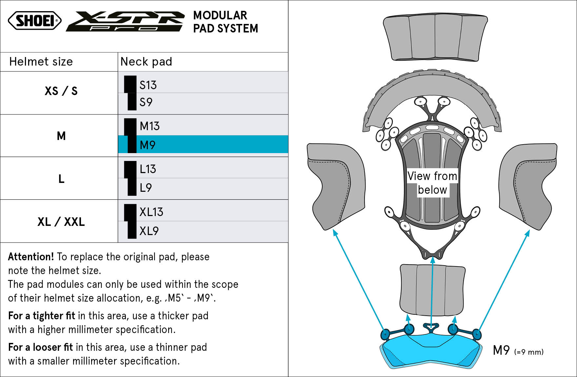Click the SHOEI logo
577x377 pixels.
[x=34, y=21]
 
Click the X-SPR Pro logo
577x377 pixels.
[x=125, y=21]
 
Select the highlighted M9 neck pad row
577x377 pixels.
[x=203, y=145]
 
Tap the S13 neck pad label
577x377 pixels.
[x=148, y=85]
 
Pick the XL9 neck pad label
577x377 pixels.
[x=149, y=231]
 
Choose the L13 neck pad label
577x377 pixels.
[x=148, y=169]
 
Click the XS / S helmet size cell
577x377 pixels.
[x=61, y=91]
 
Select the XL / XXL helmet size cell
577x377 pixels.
[x=61, y=222]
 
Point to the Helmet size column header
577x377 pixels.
[x=41, y=62]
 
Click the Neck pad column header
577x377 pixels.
[x=146, y=62]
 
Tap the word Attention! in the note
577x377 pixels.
[x=31, y=256]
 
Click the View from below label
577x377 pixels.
[x=432, y=183]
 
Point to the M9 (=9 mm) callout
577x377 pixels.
[x=518, y=350]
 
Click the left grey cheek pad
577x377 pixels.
[x=336, y=186]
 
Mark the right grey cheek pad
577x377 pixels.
[x=527, y=186]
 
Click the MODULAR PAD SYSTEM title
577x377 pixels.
[x=226, y=22]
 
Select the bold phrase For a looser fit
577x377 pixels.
[x=40, y=347]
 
